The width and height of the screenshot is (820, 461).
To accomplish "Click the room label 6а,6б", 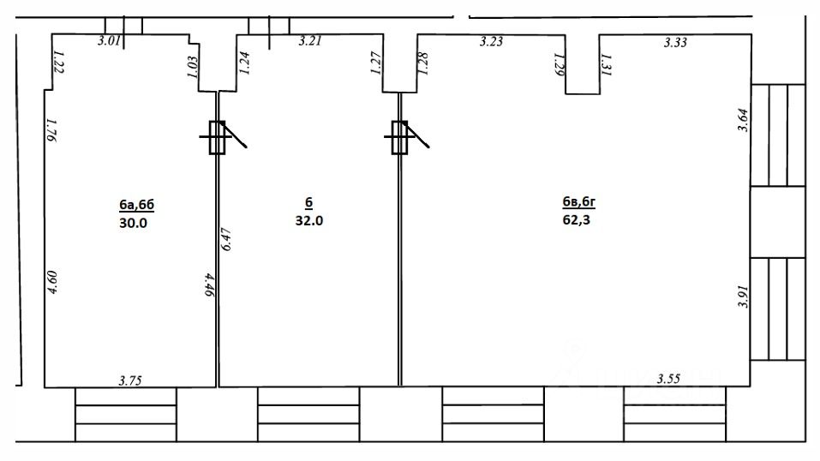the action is [x=137, y=205].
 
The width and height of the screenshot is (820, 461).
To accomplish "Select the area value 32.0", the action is [x=309, y=219].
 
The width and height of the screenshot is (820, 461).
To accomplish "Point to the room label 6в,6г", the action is [x=578, y=201].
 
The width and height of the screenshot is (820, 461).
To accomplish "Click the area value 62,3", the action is [x=577, y=219].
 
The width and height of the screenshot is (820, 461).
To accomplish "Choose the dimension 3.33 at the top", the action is [x=676, y=41].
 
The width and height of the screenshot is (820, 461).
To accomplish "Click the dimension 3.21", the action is [x=309, y=40].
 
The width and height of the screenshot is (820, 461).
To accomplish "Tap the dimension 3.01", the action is [x=109, y=40].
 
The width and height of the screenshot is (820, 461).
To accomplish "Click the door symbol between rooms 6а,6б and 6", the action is [x=218, y=136].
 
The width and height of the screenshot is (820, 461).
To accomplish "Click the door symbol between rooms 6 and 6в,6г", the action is [x=400, y=136].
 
